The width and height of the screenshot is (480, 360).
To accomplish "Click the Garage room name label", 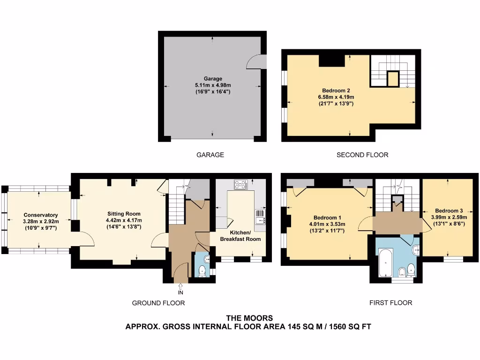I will (x=213, y=79).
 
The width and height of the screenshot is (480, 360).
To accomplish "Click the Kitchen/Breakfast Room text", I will (x=240, y=236).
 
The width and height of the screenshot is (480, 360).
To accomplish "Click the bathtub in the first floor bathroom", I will (x=385, y=263).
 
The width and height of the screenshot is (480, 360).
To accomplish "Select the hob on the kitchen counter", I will (x=240, y=185).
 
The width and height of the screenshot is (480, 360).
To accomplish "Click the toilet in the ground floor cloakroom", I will (x=202, y=270).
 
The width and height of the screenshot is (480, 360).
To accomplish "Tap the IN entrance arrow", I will (x=180, y=287).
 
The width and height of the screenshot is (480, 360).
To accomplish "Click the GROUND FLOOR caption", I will (x=158, y=303).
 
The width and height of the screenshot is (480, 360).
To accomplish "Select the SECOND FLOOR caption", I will (x=362, y=155).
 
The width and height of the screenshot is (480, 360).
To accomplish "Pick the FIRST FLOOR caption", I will (x=390, y=303).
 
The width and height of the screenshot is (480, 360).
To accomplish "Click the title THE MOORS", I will (x=249, y=318).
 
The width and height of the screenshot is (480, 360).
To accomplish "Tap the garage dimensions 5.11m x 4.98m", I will (x=213, y=85).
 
